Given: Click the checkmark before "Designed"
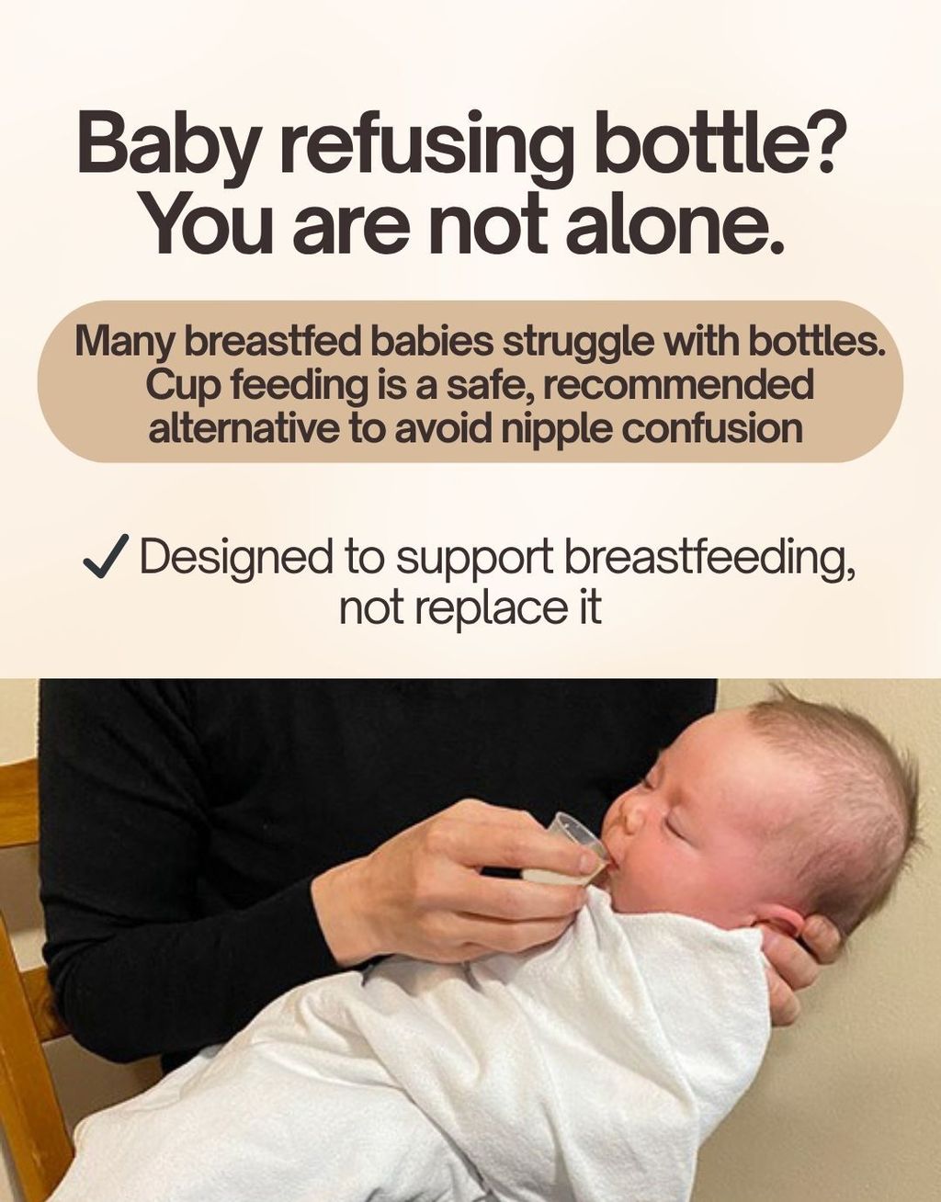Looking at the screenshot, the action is pos(106,557).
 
